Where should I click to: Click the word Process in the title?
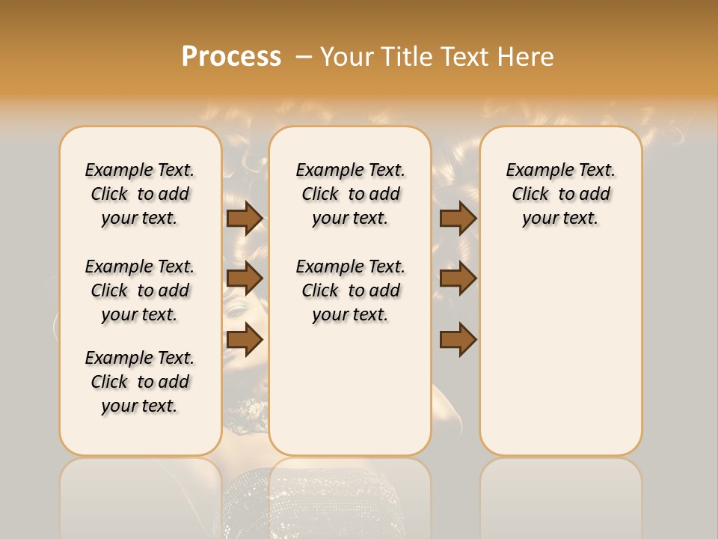pos(231,57)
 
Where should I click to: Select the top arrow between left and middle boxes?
pos(245,218)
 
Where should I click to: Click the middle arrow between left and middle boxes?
pos(245,278)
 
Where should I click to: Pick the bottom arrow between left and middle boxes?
pos(245,340)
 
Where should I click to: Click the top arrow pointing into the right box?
pos(458,218)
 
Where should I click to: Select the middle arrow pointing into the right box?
pos(458,278)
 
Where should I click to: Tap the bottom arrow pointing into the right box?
pos(458,340)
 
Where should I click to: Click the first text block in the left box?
pos(140,194)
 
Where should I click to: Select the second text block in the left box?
pos(140,290)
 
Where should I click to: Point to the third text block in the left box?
pos(140,382)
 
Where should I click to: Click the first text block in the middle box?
pos(350,194)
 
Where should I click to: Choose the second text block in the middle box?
pos(350,290)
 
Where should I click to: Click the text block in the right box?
pos(560,194)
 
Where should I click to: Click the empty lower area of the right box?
pos(560,359)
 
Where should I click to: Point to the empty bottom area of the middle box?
pos(350,397)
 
